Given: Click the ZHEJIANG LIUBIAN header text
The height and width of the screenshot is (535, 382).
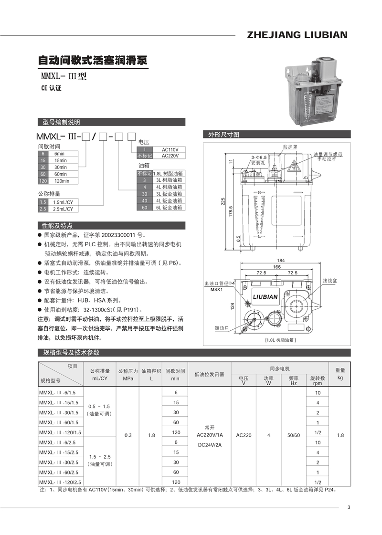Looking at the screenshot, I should (297, 35).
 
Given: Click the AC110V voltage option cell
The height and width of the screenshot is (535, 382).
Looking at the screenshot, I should (170, 149).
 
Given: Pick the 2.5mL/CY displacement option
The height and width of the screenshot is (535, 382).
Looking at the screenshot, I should (62, 209).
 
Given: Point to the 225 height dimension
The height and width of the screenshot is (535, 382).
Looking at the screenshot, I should (222, 201).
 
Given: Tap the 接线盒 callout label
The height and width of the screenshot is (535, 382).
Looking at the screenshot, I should (330, 280).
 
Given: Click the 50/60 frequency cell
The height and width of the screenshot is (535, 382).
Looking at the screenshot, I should (294, 435).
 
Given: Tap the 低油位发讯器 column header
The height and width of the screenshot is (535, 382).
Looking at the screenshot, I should (210, 375).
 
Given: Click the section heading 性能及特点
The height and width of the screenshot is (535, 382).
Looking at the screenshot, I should (57, 226).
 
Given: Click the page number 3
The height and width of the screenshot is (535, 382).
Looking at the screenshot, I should (349, 507).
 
